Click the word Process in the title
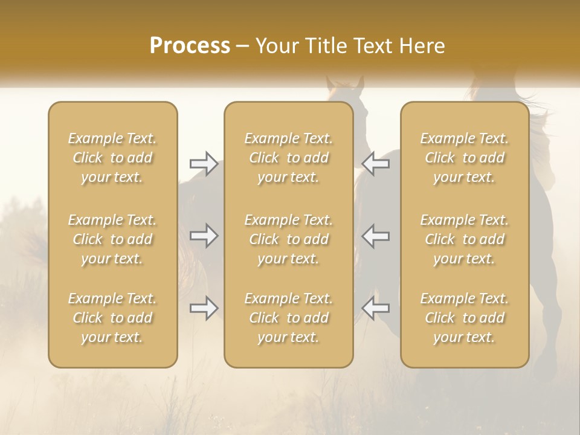[x=190, y=46]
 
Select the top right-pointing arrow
[x=204, y=163]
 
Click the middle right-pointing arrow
[x=204, y=236]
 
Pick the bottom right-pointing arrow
[x=204, y=308]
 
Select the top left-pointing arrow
[x=376, y=163]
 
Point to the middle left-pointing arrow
[x=376, y=236]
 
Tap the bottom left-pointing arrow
[x=376, y=308]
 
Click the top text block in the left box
[x=112, y=158]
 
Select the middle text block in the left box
[x=112, y=239]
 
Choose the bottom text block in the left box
[x=112, y=318]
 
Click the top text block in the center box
[x=288, y=158]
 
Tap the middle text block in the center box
[x=288, y=239]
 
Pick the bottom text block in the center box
[x=288, y=318]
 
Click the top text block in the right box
[x=464, y=158]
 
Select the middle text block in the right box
[x=464, y=239]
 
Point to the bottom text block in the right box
[x=464, y=318]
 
